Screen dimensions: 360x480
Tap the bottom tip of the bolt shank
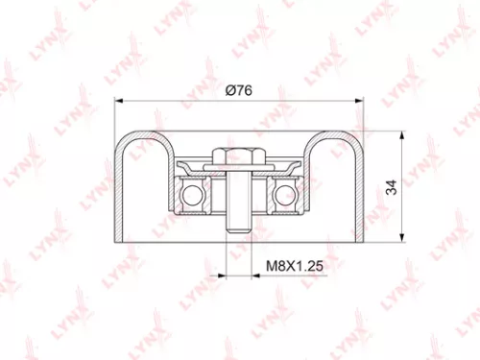coord(239,230)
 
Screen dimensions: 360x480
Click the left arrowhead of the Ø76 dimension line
coord(117,100)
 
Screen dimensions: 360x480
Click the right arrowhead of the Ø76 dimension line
coord(361,100)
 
